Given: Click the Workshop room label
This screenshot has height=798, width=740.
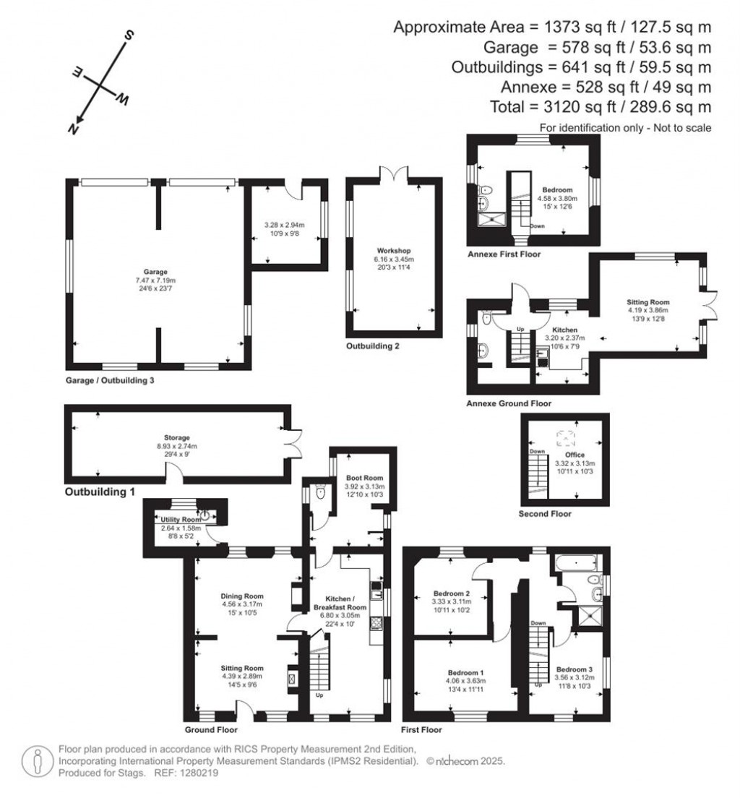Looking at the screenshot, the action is [x=393, y=250].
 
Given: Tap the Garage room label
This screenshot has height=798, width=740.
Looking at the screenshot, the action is [x=155, y=272].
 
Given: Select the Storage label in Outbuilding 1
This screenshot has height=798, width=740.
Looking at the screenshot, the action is [x=176, y=438].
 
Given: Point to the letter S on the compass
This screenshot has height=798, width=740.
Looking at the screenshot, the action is [x=129, y=35].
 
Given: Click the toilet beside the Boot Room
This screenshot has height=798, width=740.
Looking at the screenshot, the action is [x=320, y=492].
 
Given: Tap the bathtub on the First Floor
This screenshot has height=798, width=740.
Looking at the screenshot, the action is [x=575, y=563].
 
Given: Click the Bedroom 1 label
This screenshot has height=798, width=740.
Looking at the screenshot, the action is [x=465, y=672].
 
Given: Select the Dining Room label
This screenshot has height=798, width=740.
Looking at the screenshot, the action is [x=242, y=596].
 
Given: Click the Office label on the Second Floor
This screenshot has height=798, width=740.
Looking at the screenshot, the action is [x=575, y=455].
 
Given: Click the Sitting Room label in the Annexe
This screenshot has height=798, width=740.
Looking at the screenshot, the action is [x=648, y=302].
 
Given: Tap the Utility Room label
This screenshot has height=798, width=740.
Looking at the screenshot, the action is [x=181, y=520].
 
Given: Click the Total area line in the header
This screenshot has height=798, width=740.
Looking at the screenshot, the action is [x=601, y=107].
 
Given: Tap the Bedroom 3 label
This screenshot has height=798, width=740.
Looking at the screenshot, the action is [x=574, y=669].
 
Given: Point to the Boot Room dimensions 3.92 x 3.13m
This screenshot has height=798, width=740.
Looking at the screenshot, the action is [x=364, y=486].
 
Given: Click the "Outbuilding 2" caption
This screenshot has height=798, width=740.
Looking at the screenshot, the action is [x=373, y=346].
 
